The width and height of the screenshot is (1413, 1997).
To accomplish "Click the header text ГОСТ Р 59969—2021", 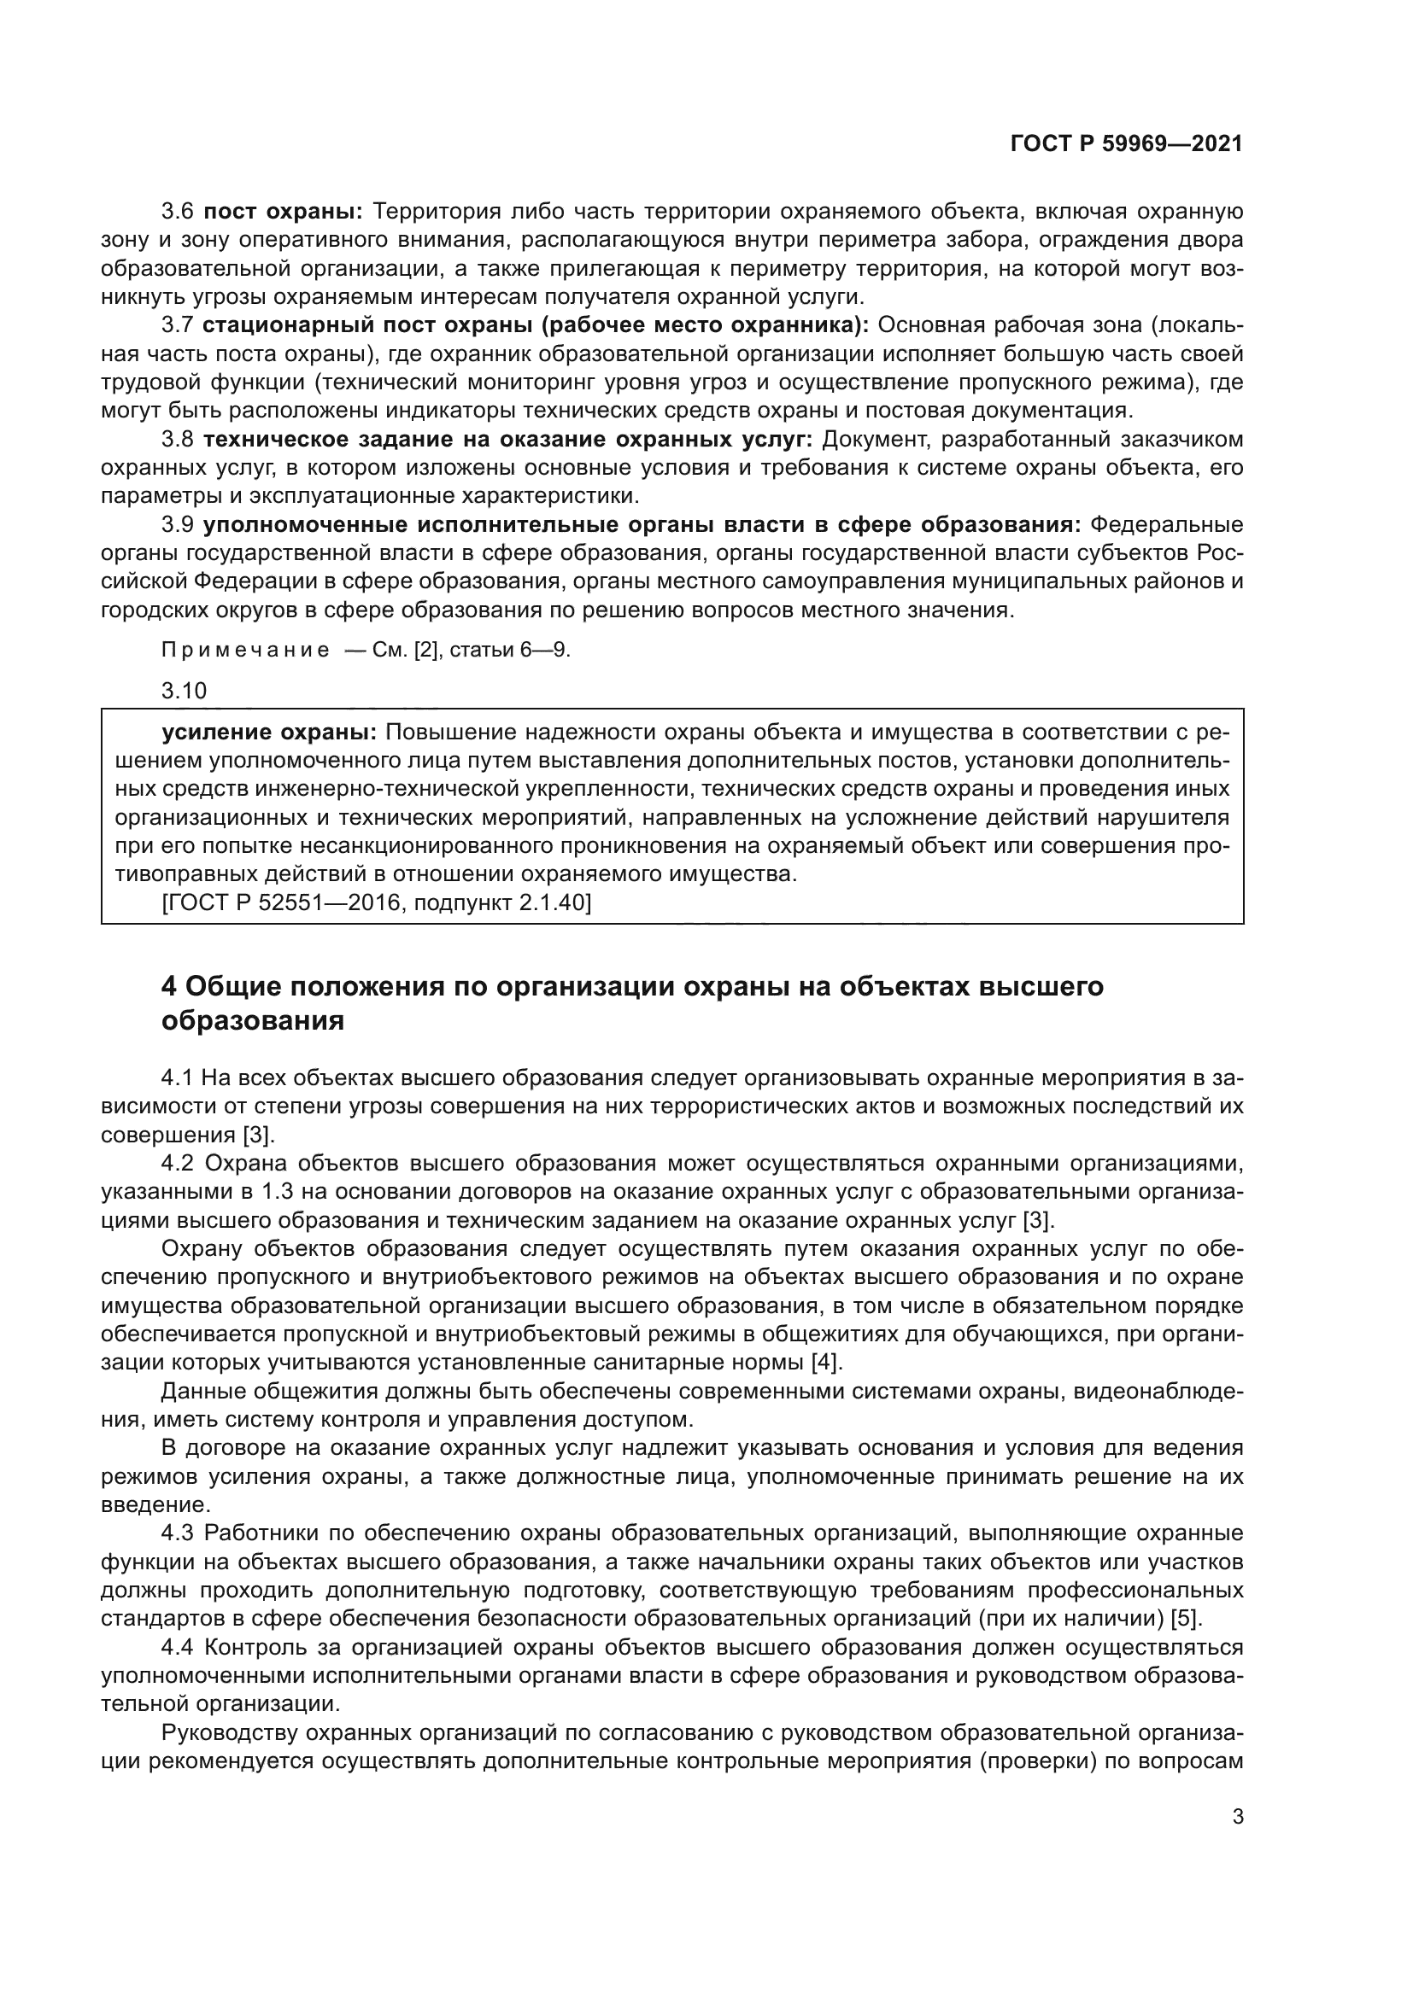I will tap(1127, 143).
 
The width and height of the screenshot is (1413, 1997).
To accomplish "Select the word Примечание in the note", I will tap(245, 651).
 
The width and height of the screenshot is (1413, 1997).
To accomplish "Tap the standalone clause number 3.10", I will tap(184, 691).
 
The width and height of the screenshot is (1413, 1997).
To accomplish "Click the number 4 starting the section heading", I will tap(170, 986).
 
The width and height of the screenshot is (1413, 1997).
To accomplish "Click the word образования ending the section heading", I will tap(252, 1020).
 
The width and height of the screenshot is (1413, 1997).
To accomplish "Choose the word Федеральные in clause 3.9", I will tap(1167, 524).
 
